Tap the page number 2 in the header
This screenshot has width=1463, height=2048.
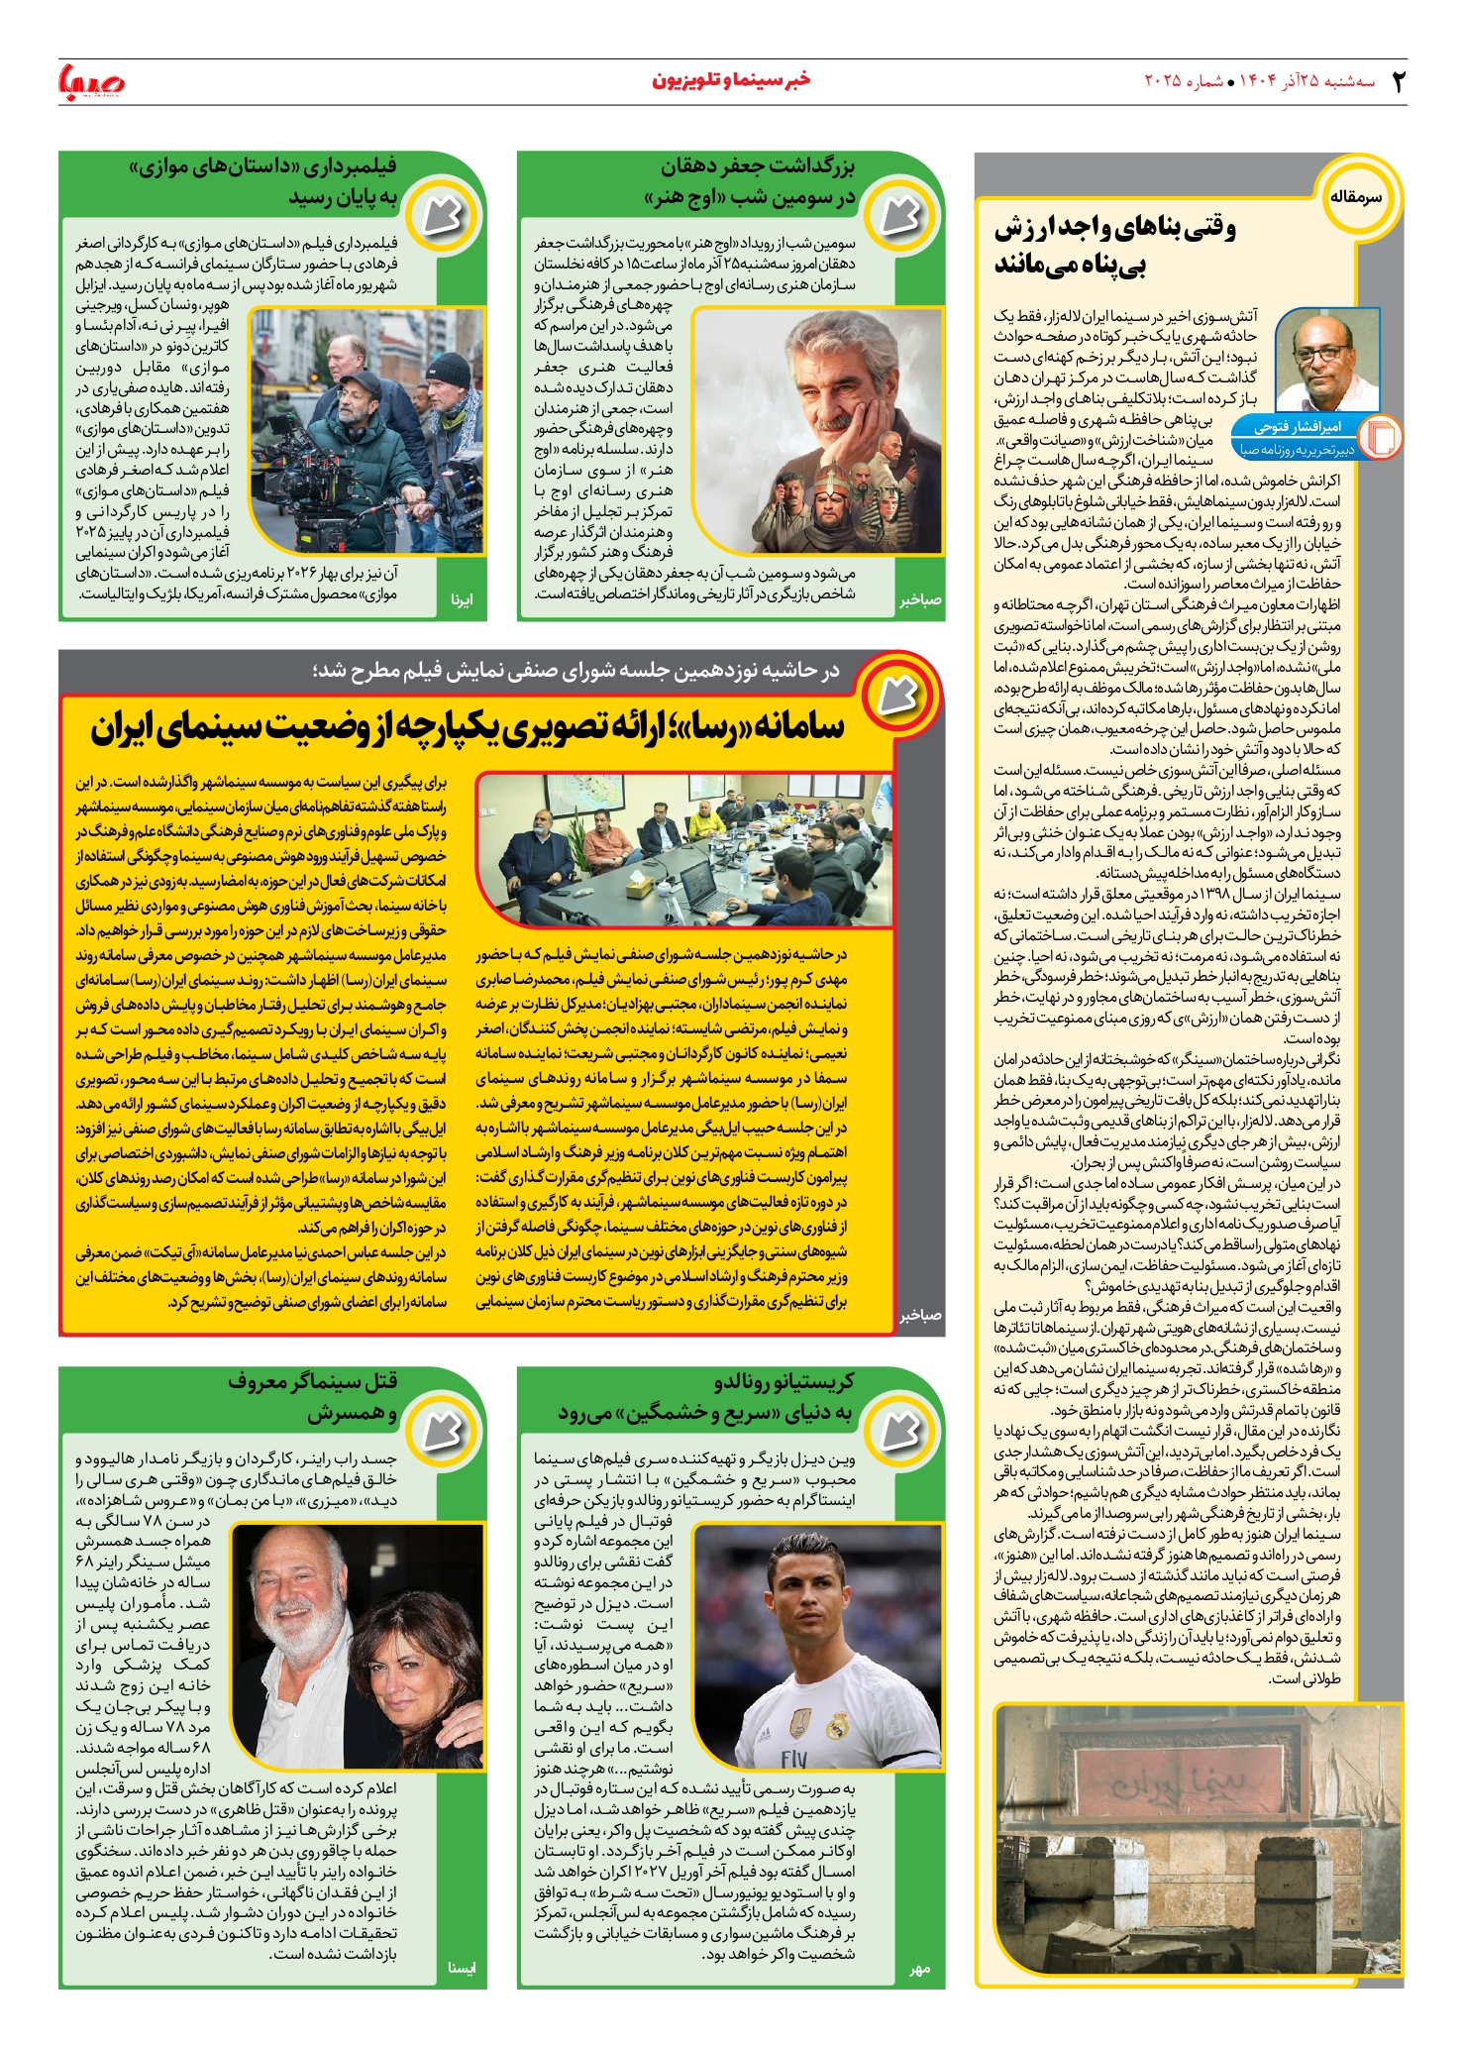pyautogui.click(x=1398, y=81)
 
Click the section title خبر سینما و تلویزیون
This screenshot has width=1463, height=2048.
pyautogui.click(x=731, y=80)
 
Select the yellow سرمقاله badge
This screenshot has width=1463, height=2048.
pyautogui.click(x=1355, y=196)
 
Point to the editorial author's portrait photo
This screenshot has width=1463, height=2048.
pyautogui.click(x=1327, y=360)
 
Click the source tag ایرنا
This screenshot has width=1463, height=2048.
pyautogui.click(x=462, y=599)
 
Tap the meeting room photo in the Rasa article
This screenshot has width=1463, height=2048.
pyautogui.click(x=683, y=849)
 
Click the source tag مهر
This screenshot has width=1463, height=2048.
pyautogui.click(x=920, y=1969)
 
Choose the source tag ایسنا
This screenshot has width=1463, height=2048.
pyautogui.click(x=462, y=1968)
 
